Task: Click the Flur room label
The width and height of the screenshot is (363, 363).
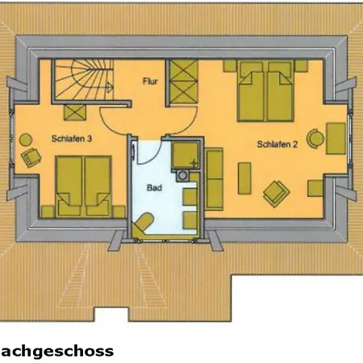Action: pyautogui.click(x=150, y=81)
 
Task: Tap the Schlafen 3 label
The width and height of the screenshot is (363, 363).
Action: pyautogui.click(x=72, y=139)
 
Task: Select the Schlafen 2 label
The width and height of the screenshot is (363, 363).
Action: pyautogui.click(x=277, y=144)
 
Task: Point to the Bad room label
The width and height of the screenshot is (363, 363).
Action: pyautogui.click(x=154, y=187)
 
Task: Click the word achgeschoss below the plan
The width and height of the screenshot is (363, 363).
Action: pyautogui.click(x=57, y=351)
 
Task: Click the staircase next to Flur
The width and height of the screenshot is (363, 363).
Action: pyautogui.click(x=83, y=80)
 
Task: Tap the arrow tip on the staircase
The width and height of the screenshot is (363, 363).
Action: pyautogui.click(x=111, y=86)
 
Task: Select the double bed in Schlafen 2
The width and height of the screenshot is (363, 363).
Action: pyautogui.click(x=265, y=91)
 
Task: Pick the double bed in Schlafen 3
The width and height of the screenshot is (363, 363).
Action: pyautogui.click(x=84, y=186)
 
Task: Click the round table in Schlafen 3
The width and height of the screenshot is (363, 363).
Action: pyautogui.click(x=26, y=140)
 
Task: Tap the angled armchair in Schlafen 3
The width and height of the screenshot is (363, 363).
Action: pyautogui.click(x=31, y=157)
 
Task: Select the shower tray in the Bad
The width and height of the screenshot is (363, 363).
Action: pyautogui.click(x=186, y=155)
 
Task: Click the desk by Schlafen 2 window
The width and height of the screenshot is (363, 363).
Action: pyautogui.click(x=336, y=139)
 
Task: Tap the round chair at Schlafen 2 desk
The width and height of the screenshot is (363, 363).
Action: pyautogui.click(x=315, y=139)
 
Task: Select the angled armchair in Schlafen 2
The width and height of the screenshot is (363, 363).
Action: pyautogui.click(x=277, y=194)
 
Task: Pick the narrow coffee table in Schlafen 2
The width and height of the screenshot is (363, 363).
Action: pyautogui.click(x=244, y=178)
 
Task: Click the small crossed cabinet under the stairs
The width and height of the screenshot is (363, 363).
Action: pyautogui.click(x=75, y=112)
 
